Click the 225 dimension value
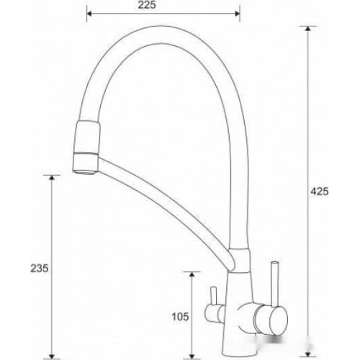click(147, 5)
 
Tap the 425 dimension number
click(319, 192)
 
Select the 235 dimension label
click(40, 268)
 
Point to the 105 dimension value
click(180, 317)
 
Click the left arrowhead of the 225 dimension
click(89, 14)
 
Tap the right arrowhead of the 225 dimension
click(238, 14)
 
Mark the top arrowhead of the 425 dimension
click(307, 28)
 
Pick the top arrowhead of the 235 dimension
click(52, 178)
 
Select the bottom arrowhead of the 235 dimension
click(52, 356)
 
